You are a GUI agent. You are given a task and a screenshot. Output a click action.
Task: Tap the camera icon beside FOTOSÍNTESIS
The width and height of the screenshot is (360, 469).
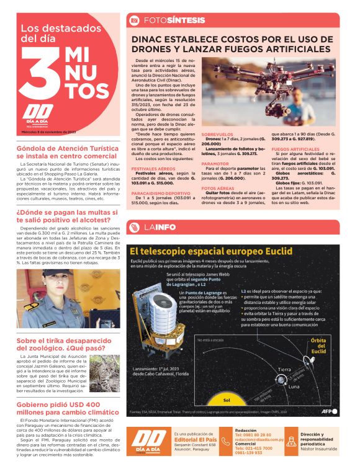(x=133, y=20)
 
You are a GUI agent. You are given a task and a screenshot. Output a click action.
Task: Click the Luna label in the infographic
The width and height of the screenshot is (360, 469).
(x=293, y=386)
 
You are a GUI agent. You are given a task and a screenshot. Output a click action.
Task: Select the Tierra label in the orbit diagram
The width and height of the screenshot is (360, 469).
(x=284, y=370)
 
